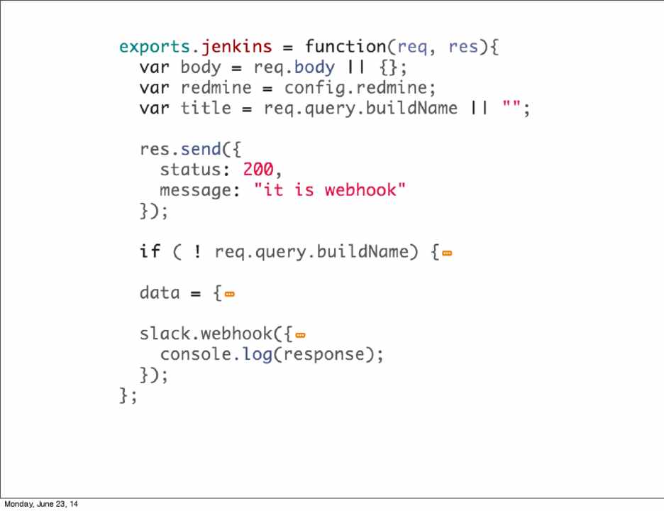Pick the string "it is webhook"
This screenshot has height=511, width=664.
tap(330, 190)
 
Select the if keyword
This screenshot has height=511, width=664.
tap(150, 251)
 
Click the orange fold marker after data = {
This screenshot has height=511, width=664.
tap(229, 293)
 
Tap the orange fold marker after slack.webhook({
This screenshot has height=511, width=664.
tap(300, 334)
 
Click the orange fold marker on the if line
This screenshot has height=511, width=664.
tap(447, 253)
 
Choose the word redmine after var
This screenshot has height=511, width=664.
tap(216, 88)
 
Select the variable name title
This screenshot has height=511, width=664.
tap(206, 109)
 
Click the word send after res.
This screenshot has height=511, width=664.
tap(201, 150)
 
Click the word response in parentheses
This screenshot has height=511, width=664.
tap(324, 354)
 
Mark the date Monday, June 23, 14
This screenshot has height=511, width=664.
tap(41, 504)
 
